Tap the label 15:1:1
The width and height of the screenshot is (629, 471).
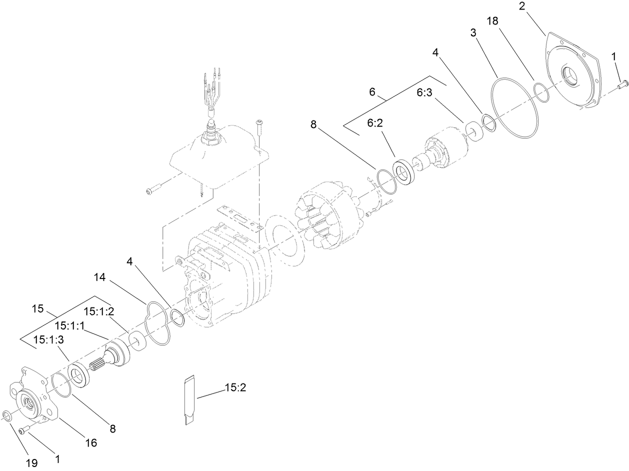click(x=70, y=325)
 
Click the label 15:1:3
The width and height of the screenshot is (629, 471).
click(x=49, y=340)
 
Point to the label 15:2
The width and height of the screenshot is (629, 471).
click(x=235, y=387)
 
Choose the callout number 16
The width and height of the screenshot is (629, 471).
click(x=90, y=442)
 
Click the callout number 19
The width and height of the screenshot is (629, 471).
click(x=31, y=463)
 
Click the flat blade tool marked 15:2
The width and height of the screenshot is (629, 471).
click(x=188, y=400)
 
